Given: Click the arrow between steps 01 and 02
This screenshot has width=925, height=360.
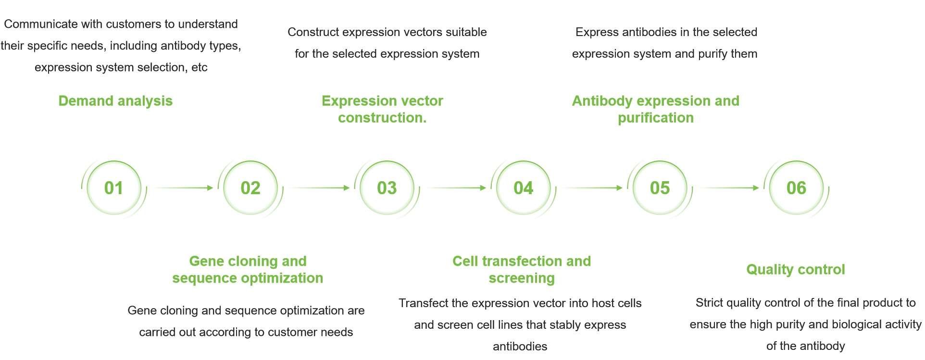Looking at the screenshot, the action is pyautogui.click(x=184, y=188).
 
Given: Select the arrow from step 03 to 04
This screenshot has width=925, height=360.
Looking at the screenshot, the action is pyautogui.click(x=457, y=188).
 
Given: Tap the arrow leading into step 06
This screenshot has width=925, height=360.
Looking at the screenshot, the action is pyautogui.click(x=730, y=188).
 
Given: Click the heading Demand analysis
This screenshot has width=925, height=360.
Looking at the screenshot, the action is pyautogui.click(x=115, y=101).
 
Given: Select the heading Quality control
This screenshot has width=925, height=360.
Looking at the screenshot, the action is pyautogui.click(x=796, y=270).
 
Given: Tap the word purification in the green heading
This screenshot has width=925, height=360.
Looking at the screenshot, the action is pyautogui.click(x=656, y=118).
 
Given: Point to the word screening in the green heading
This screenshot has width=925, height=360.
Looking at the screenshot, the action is pyautogui.click(x=522, y=278).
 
